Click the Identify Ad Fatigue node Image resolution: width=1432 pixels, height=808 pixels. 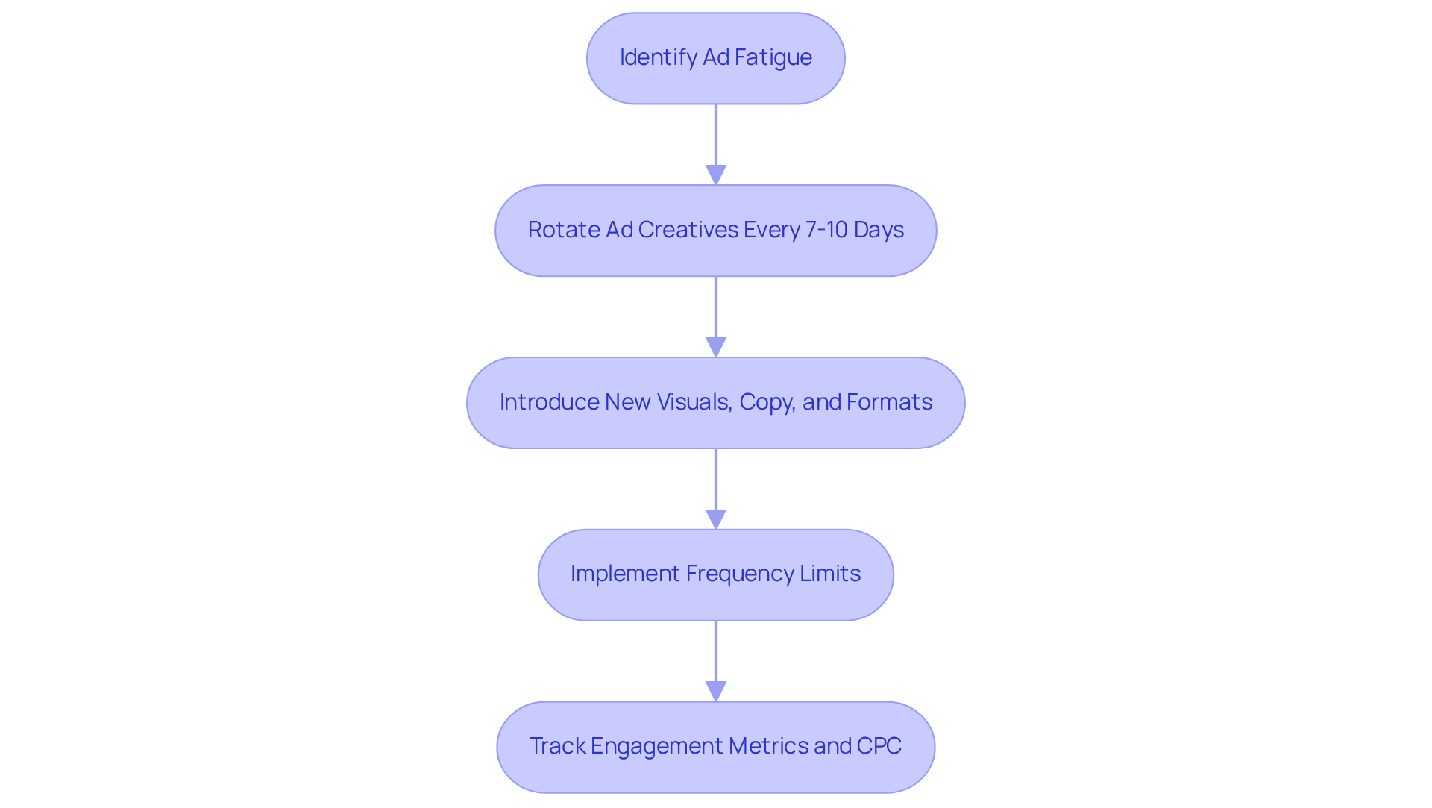[715, 58]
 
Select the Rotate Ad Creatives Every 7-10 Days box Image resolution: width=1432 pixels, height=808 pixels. [715, 231]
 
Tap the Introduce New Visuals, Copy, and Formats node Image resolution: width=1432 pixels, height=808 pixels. [715, 403]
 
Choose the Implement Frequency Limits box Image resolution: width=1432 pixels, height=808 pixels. [715, 575]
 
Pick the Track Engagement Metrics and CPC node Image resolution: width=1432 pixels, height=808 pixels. [715, 747]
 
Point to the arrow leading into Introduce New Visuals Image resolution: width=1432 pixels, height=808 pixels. [715, 316]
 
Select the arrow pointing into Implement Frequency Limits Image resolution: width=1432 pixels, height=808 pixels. [715, 488]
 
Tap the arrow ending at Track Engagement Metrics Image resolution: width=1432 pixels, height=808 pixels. [715, 660]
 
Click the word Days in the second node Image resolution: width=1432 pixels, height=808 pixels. [879, 230]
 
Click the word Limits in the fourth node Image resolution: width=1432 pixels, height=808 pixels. [830, 574]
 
